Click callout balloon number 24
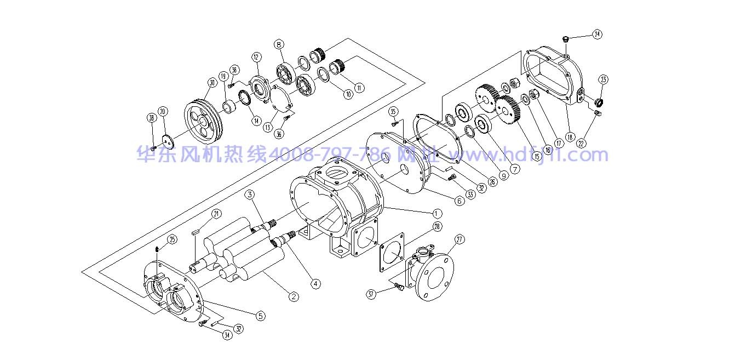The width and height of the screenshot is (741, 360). (597, 34)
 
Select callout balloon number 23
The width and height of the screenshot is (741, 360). (603, 79)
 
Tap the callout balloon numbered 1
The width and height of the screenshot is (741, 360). (436, 213)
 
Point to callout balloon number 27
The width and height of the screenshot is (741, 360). (459, 239)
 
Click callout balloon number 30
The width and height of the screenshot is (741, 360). (212, 83)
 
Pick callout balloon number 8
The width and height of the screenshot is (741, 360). (279, 44)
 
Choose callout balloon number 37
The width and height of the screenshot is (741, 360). (372, 294)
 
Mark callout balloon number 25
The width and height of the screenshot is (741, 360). (172, 239)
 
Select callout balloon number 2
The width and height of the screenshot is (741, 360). (294, 296)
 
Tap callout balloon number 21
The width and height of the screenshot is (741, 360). (216, 214)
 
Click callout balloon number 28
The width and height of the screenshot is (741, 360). (436, 226)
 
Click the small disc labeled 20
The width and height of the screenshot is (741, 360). (169, 140)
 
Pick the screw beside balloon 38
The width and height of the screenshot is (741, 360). (153, 147)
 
